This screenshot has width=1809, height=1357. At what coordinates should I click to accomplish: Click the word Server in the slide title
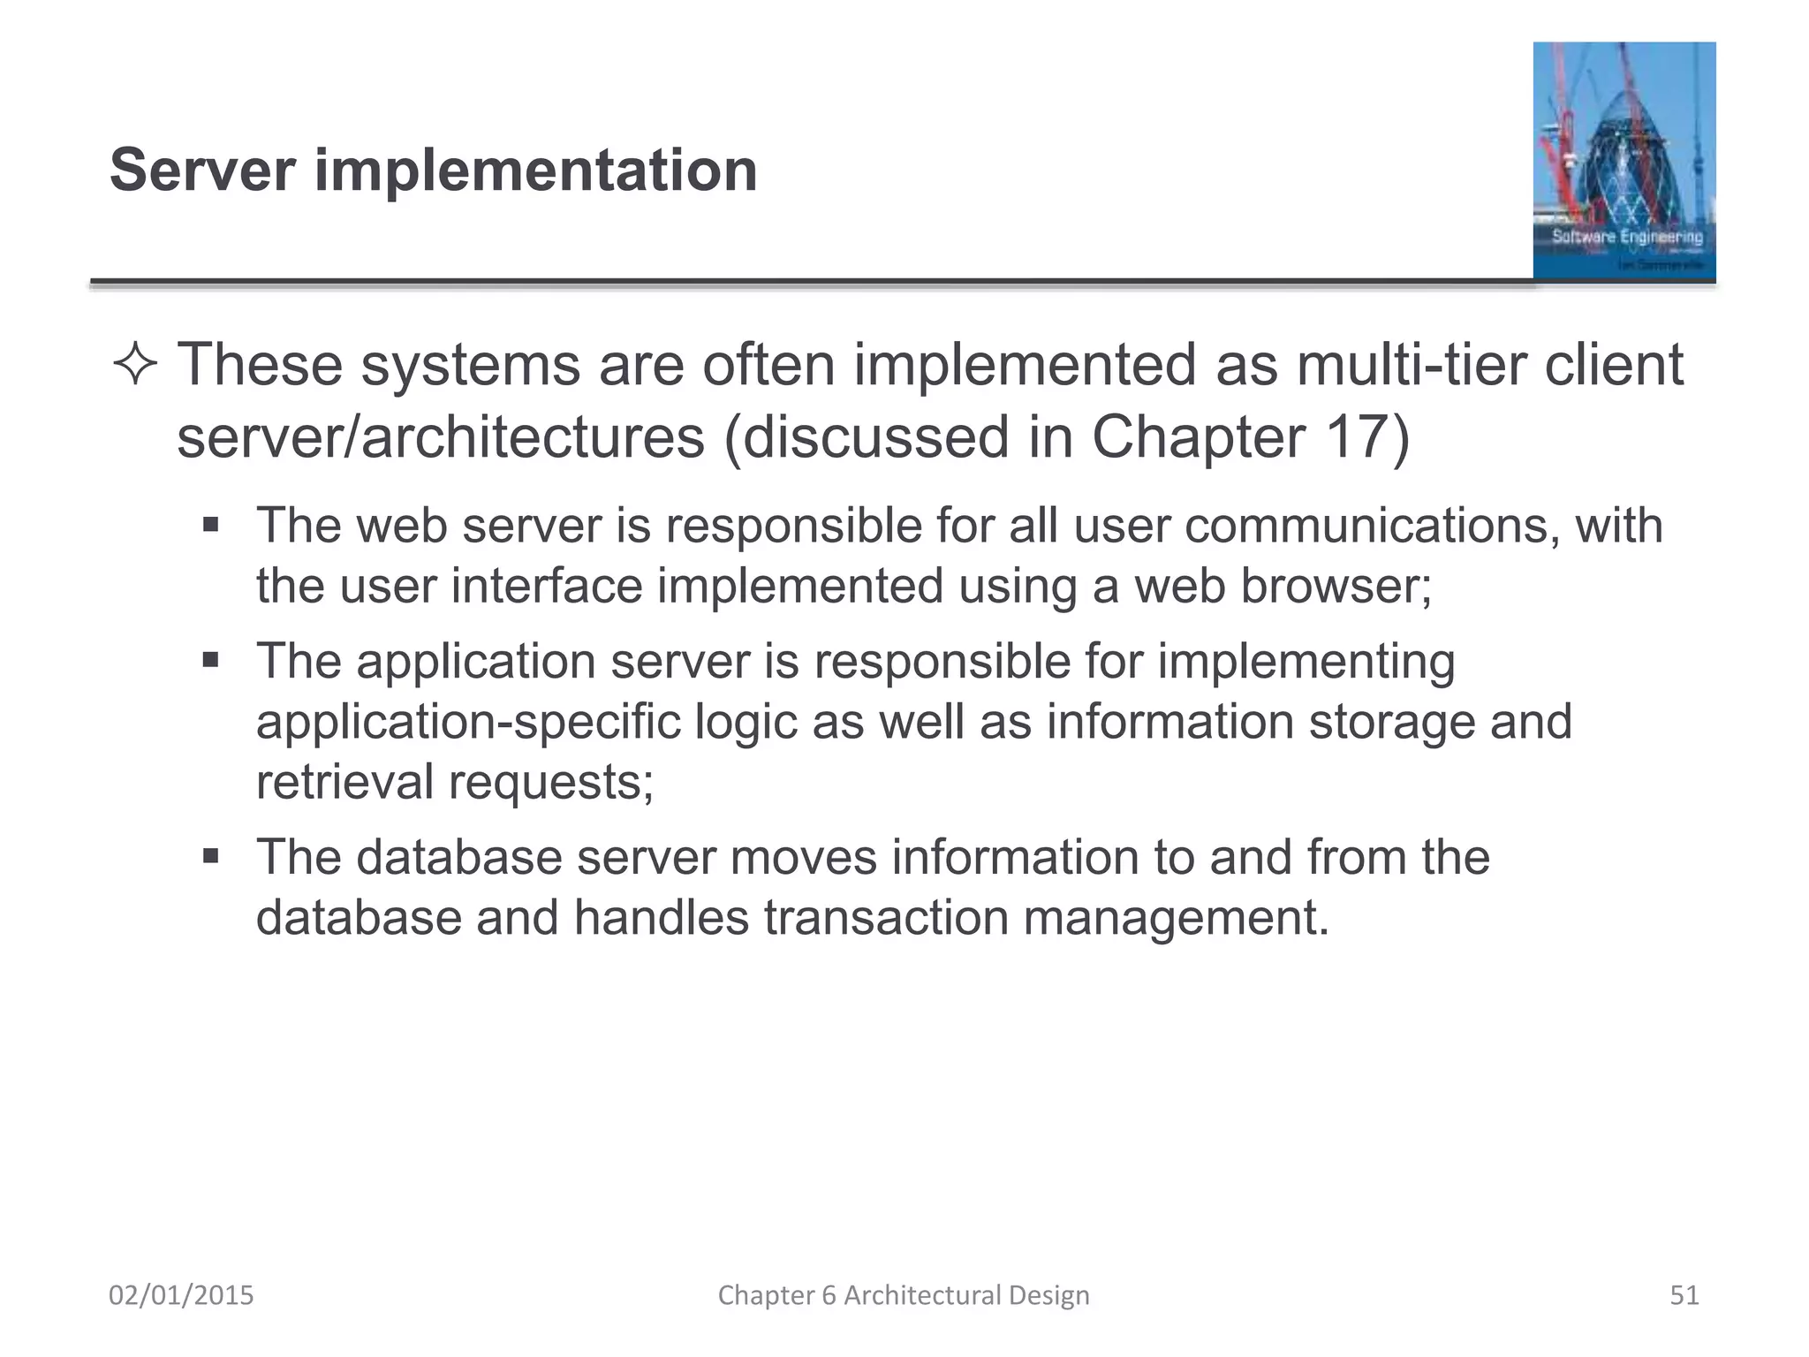[x=202, y=170]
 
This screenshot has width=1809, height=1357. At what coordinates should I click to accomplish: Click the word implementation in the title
[x=535, y=170]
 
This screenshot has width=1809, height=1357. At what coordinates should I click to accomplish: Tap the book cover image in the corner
[x=1624, y=162]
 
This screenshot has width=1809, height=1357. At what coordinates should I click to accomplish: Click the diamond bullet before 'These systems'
[x=135, y=366]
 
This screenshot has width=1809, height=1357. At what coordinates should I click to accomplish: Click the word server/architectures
[x=441, y=436]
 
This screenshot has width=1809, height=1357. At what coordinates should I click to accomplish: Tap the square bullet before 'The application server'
[x=210, y=661]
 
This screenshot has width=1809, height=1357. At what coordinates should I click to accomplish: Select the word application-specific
[x=467, y=722]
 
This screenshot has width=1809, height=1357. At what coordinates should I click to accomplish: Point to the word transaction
[x=885, y=917]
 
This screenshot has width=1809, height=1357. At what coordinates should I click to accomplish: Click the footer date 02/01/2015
[x=181, y=1295]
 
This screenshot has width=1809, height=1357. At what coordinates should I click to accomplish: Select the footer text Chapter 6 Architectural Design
[x=904, y=1295]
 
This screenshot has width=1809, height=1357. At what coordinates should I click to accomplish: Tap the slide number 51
[x=1684, y=1295]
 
